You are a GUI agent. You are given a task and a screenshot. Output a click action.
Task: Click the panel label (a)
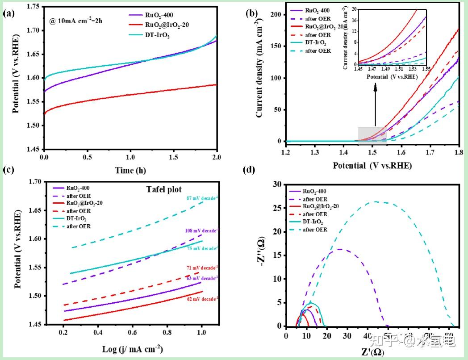tap(9, 14)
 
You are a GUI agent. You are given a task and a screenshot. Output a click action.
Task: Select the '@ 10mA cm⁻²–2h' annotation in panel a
tap(76, 21)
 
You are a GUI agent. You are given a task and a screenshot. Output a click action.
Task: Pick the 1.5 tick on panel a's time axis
tap(174, 158)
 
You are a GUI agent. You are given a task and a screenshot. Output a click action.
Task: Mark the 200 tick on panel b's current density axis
tap(277, 15)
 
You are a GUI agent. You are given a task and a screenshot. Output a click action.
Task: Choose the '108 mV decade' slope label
tap(200, 231)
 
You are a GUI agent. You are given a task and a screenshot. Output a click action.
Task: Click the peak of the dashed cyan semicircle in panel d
tap(376, 201)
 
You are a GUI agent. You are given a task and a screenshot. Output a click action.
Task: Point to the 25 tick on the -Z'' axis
tap(278, 208)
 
